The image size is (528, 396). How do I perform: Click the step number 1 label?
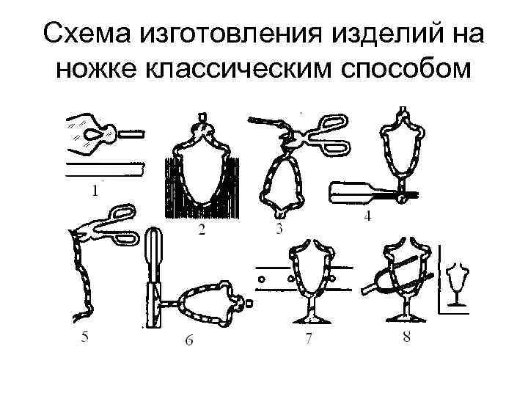point(95,192)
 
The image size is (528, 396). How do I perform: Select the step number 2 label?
point(199,232)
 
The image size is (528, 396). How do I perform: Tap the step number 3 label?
point(279,230)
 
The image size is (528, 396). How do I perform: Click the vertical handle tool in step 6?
point(155,279)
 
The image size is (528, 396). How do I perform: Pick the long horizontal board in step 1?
point(107,170)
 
